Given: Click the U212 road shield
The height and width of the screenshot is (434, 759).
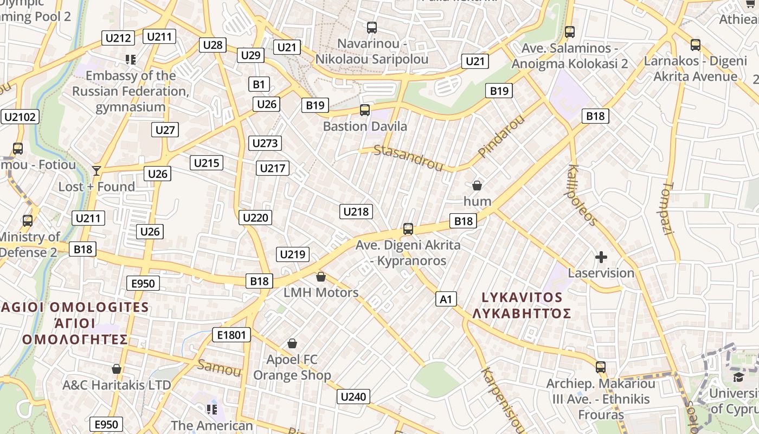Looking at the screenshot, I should click(x=118, y=38).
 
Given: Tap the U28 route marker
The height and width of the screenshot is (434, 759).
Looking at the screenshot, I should click(x=213, y=45).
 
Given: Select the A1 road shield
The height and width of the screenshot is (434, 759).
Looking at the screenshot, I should click(x=446, y=299).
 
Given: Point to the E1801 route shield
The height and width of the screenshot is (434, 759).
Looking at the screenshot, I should click(x=231, y=335).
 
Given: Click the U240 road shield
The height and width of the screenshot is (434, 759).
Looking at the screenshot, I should click(x=353, y=397).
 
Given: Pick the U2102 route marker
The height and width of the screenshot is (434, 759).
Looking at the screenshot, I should click(x=20, y=117).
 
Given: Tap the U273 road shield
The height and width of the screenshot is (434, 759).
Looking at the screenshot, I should click(x=265, y=143).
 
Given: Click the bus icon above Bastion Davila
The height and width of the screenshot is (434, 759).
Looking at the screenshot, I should click(x=365, y=110).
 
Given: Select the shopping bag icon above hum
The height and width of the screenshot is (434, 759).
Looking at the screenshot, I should click(x=477, y=186).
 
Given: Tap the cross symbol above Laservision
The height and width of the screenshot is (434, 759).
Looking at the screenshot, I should click(x=601, y=257).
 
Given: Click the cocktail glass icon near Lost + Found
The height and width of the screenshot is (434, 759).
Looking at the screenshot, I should click(x=97, y=171).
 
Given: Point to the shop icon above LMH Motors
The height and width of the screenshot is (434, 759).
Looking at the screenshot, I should click(x=321, y=277).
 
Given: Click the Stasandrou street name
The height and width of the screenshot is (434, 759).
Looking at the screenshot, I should click(x=409, y=158).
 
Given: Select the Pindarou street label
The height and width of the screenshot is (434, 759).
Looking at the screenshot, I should click(x=501, y=136).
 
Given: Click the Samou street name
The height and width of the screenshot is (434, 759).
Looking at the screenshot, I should click(x=219, y=368).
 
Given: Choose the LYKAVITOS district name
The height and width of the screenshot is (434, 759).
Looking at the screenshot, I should click(x=522, y=297).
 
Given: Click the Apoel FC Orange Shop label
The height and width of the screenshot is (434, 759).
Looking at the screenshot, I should click(x=292, y=367).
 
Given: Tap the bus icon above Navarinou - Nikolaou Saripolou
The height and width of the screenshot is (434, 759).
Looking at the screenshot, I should click(x=372, y=27).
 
